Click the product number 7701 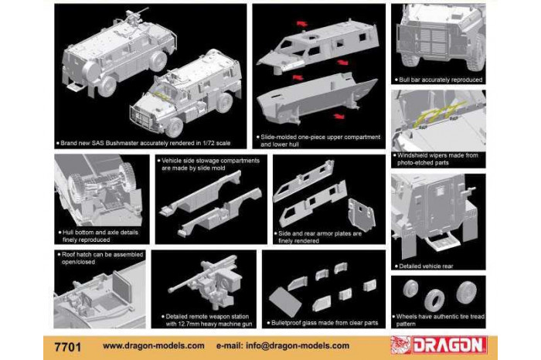point(68,345)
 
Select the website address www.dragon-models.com point(153,345)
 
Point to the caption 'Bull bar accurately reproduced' point(441,80)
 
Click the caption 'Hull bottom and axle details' point(94,236)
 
